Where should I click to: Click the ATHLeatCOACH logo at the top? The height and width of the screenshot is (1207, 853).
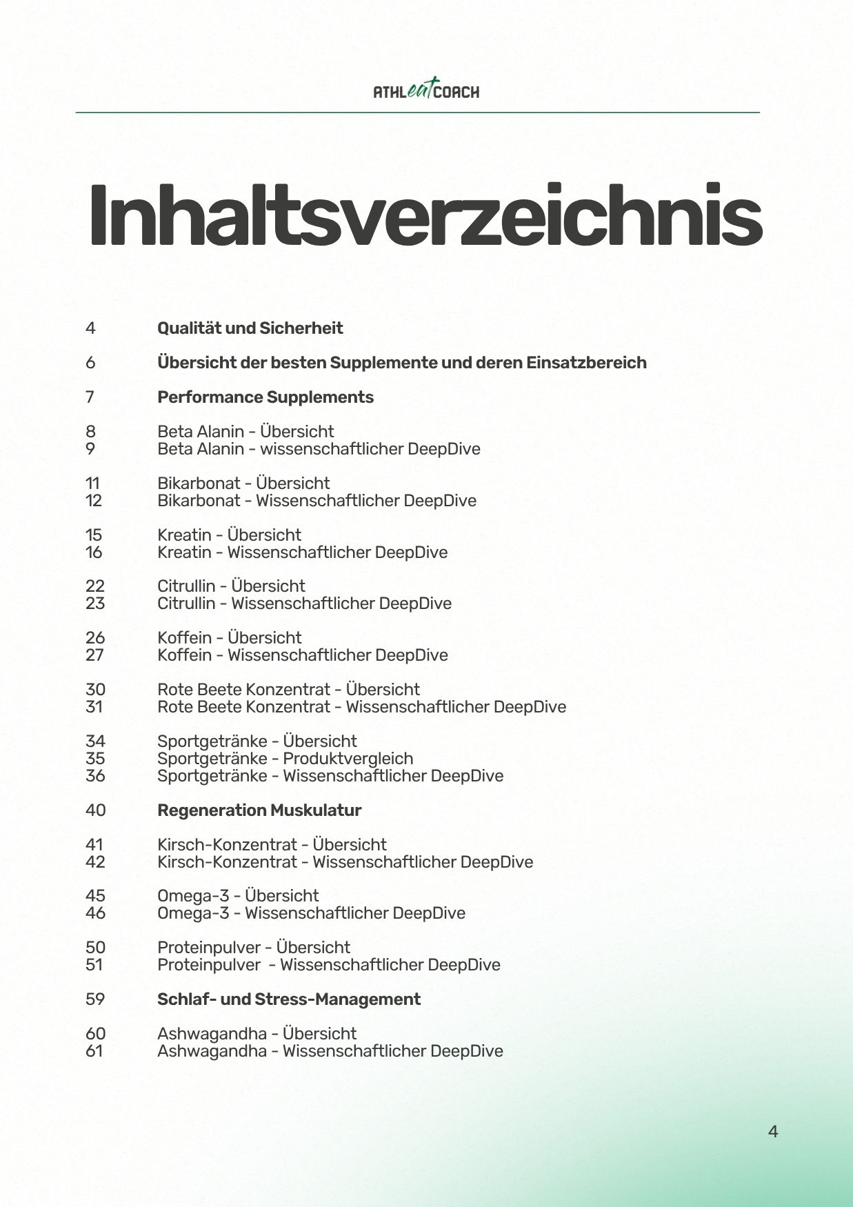[x=426, y=90]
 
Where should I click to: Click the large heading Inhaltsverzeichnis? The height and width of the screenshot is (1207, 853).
[x=425, y=216]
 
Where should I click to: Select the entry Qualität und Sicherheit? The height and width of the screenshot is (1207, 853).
[x=250, y=328]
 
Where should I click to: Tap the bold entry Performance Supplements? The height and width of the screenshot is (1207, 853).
[x=265, y=397]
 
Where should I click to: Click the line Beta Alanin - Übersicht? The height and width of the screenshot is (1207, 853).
[x=245, y=432]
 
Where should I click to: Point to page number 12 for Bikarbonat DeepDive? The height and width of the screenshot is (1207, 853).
[x=94, y=501]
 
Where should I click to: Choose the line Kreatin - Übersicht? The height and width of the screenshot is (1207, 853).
[x=229, y=535]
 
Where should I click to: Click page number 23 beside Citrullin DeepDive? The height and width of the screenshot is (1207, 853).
[x=95, y=603]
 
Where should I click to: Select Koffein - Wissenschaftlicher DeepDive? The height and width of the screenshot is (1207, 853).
[x=302, y=655]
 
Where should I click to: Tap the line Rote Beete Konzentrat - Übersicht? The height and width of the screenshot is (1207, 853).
[x=288, y=690]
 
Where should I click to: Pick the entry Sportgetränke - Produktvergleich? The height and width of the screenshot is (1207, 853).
[x=285, y=759]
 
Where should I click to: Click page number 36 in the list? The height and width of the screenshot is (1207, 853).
[x=95, y=776]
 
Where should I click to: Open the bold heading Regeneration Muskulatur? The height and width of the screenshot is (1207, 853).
[x=259, y=810]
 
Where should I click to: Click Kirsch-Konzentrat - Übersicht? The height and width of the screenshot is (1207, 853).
[x=272, y=845]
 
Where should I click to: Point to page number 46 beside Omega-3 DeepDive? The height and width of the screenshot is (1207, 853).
[x=95, y=913]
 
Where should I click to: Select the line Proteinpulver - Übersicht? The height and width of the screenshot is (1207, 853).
[x=253, y=948]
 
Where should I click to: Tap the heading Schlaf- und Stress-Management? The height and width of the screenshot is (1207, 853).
[x=288, y=999]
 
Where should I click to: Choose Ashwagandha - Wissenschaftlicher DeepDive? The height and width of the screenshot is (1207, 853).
[x=330, y=1051]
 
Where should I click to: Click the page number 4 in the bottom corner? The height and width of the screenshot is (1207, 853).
[x=772, y=1132]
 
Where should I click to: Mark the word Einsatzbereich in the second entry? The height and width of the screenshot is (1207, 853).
[x=586, y=363]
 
